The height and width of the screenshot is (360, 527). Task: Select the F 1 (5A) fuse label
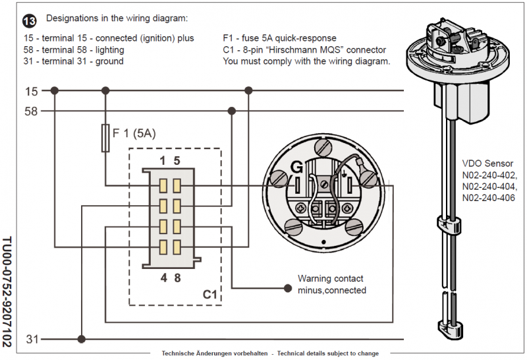pos(134,133)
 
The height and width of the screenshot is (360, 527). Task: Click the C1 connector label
pos(209,295)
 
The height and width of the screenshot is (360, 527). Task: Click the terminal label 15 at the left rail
pos(31,91)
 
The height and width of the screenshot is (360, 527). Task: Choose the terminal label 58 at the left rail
pos(31,111)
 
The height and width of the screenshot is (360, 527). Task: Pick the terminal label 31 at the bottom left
pos(31,340)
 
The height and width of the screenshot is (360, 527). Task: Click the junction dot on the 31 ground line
pos(81,340)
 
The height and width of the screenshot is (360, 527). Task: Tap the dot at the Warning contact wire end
pos(287,288)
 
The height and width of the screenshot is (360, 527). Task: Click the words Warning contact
pos(330,279)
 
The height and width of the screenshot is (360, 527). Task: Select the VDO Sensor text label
pos(488,164)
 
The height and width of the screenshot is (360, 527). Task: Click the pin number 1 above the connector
pos(162,160)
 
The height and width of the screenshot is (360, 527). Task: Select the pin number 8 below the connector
pos(177,278)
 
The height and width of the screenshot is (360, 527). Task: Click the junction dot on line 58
pos(231,111)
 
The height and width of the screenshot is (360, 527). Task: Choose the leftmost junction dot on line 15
pos(55,91)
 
